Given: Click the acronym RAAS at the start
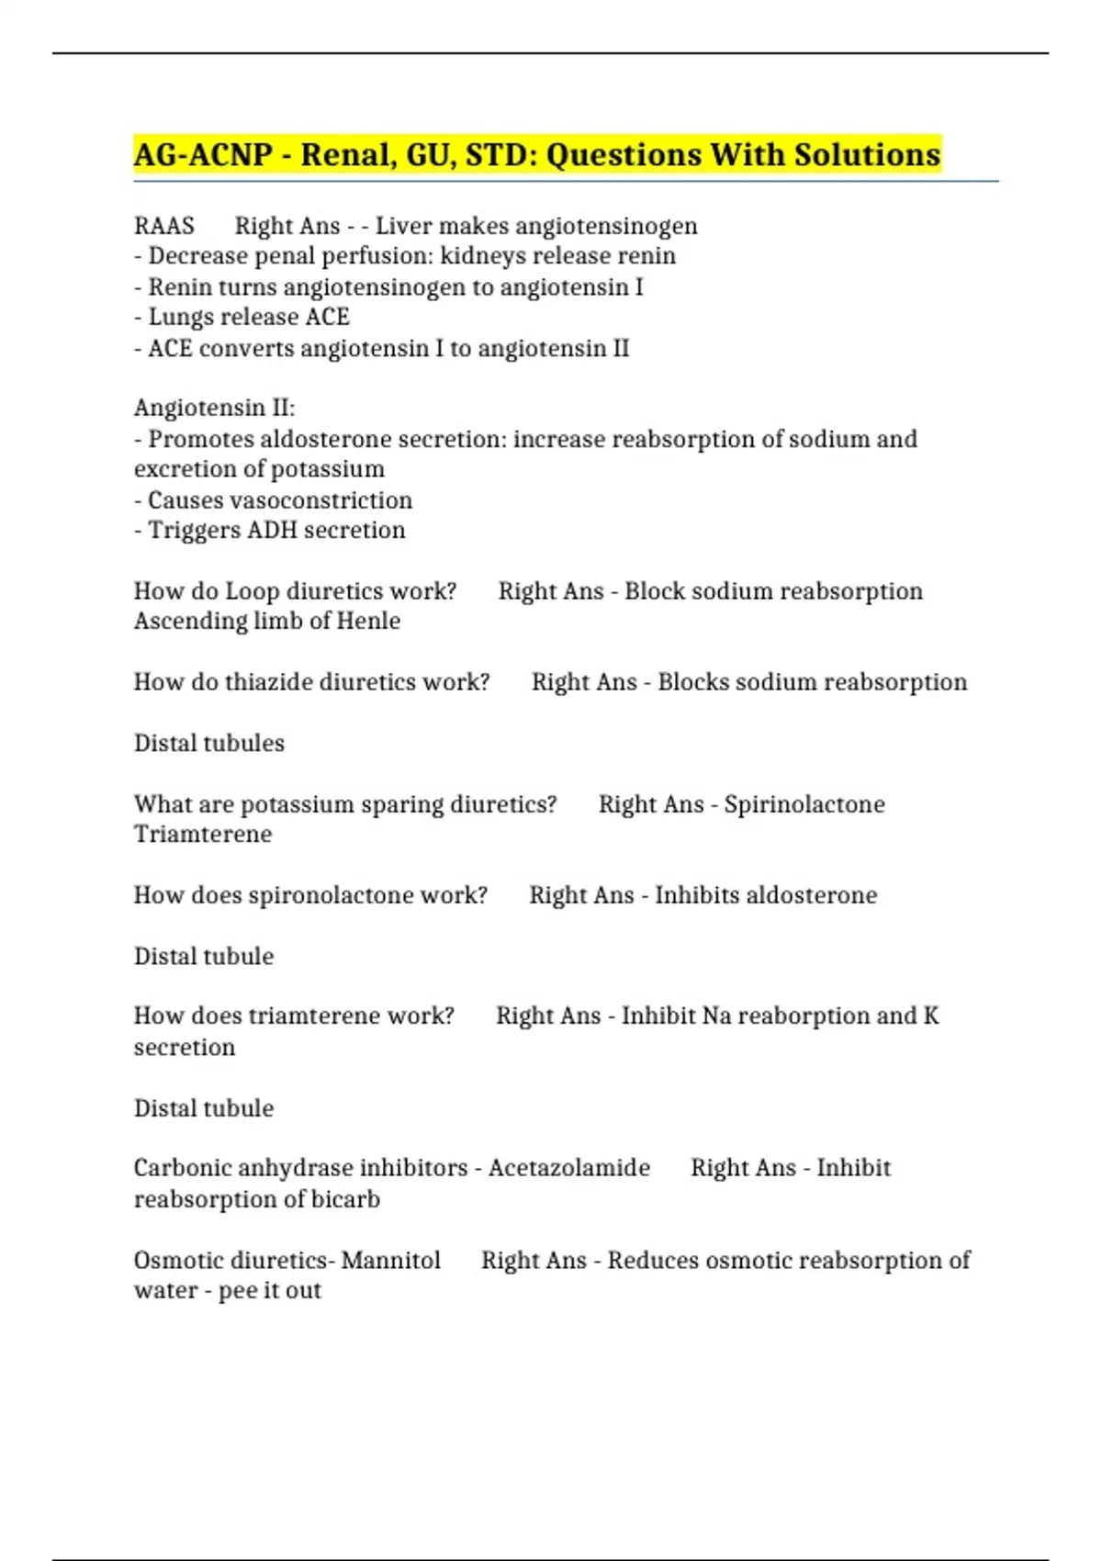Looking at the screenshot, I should [x=164, y=226].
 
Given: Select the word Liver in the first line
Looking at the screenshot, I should [x=401, y=226].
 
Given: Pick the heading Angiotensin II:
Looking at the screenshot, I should [x=215, y=408].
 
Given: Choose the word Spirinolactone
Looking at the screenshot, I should [x=804, y=804].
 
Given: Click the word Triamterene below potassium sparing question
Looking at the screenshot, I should [x=203, y=835].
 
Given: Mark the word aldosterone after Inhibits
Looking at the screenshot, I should [x=811, y=895].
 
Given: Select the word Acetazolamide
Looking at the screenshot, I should [x=569, y=1168].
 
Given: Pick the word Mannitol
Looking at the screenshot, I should [x=391, y=1261].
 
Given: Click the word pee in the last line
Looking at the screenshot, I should [x=238, y=1291].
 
